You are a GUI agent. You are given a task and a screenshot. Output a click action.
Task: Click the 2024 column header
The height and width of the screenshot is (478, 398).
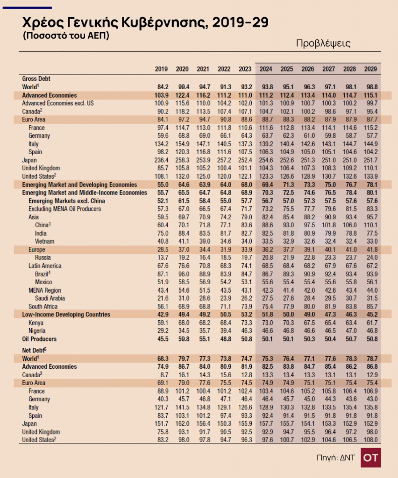tap(266, 69)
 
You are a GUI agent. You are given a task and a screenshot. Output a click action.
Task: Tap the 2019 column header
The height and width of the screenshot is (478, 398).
tap(161, 69)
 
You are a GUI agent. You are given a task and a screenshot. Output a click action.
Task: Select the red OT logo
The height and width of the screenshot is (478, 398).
tap(370, 457)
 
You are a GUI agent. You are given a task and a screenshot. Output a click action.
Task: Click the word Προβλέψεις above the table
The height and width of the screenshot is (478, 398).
tap(323, 43)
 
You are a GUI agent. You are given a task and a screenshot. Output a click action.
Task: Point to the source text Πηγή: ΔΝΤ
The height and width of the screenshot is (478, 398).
tap(335, 457)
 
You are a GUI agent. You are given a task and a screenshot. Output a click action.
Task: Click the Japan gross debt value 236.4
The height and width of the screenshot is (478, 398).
tap(161, 160)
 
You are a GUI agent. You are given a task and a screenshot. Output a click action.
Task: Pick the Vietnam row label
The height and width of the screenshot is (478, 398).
tap(44, 241)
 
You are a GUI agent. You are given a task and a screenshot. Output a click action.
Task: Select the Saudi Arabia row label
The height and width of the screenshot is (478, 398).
tap(50, 298)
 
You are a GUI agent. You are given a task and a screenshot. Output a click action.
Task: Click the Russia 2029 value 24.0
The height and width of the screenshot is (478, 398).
tap(372, 258)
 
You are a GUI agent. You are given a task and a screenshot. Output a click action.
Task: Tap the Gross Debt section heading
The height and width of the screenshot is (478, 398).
tap(36, 78)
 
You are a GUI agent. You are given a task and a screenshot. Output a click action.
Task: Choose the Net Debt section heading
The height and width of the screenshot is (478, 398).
tap(34, 350)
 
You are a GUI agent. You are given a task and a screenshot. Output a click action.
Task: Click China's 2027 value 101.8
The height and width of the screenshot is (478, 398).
tap(329, 225)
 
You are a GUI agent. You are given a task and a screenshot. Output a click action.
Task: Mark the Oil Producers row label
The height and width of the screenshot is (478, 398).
tap(39, 339)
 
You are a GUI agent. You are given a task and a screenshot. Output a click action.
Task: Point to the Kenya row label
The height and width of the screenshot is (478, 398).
tap(36, 323)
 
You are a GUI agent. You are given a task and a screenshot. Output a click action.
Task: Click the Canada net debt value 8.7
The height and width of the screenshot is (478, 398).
tap(164, 375)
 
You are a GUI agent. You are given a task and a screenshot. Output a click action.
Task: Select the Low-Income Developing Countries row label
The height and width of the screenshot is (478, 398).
tap(66, 314)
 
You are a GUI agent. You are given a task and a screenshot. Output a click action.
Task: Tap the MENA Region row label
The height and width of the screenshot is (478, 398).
tap(45, 290)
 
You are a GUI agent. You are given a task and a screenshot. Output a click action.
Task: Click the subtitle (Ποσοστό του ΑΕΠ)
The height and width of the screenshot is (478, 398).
tap(66, 35)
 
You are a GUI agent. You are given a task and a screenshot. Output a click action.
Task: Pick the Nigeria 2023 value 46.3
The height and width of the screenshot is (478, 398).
tap(247, 331)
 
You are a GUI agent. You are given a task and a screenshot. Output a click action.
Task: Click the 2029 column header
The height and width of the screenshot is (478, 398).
tap(370, 69)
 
